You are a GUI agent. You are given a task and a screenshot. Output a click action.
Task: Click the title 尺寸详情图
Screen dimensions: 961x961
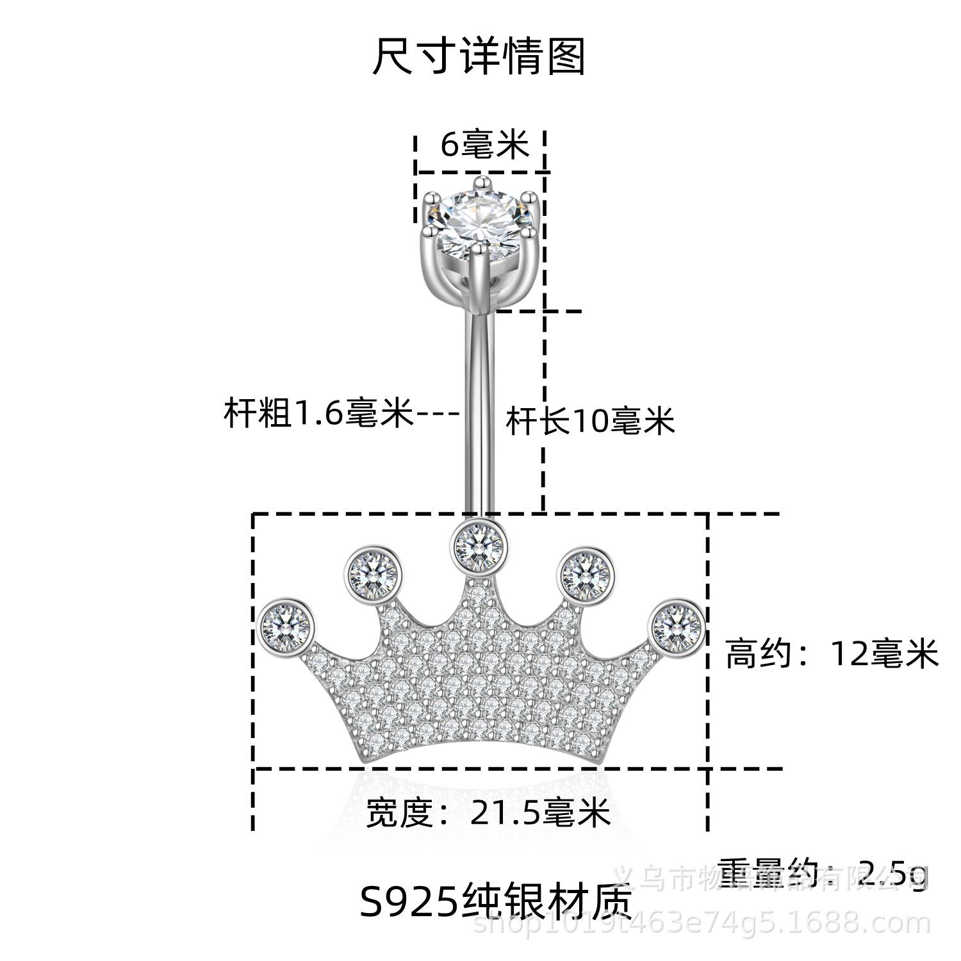[479, 57]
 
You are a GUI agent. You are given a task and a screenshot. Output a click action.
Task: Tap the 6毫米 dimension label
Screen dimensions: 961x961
[484, 145]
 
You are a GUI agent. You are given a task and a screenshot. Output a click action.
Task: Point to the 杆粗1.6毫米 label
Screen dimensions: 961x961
[318, 413]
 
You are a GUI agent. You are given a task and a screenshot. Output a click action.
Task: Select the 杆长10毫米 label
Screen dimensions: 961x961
[590, 421]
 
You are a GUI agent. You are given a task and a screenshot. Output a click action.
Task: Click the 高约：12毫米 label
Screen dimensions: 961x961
[832, 655]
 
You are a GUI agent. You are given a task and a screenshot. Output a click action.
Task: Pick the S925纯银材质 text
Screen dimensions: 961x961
[496, 901]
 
